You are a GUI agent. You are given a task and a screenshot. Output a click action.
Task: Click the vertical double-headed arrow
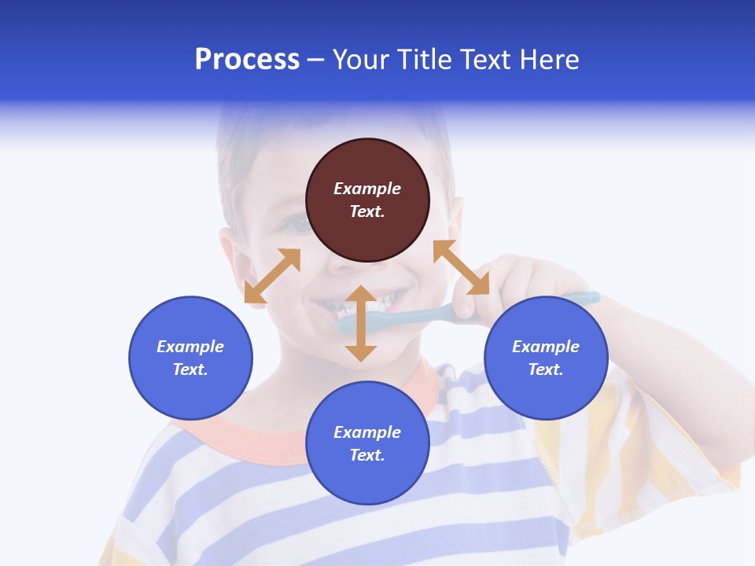click(x=361, y=323)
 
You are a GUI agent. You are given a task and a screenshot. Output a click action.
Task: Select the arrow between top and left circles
click(x=272, y=276)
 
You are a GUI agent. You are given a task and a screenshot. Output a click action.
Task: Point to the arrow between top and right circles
click(x=461, y=267)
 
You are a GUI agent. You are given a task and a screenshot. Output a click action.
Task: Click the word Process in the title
click(x=247, y=60)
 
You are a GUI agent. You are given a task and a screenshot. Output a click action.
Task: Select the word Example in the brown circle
click(x=367, y=189)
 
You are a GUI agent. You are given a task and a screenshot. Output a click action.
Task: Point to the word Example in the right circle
click(x=546, y=347)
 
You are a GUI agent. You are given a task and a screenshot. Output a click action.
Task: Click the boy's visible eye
click(x=296, y=225)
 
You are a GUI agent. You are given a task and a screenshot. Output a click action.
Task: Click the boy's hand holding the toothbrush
click(x=519, y=283)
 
